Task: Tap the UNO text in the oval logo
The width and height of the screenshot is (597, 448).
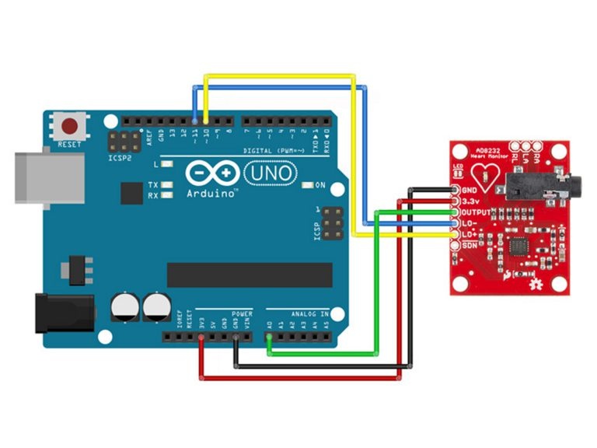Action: click(x=271, y=173)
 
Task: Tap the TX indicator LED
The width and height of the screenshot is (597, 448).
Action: click(x=166, y=185)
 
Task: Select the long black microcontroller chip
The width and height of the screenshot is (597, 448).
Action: click(x=250, y=274)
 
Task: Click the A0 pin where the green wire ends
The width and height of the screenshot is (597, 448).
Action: click(x=269, y=337)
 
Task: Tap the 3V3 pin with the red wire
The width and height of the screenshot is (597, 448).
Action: click(x=202, y=337)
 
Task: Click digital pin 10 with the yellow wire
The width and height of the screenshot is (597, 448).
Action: click(x=204, y=121)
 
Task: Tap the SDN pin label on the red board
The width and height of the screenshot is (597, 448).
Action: click(x=470, y=246)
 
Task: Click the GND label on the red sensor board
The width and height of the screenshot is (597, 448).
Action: click(x=470, y=190)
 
